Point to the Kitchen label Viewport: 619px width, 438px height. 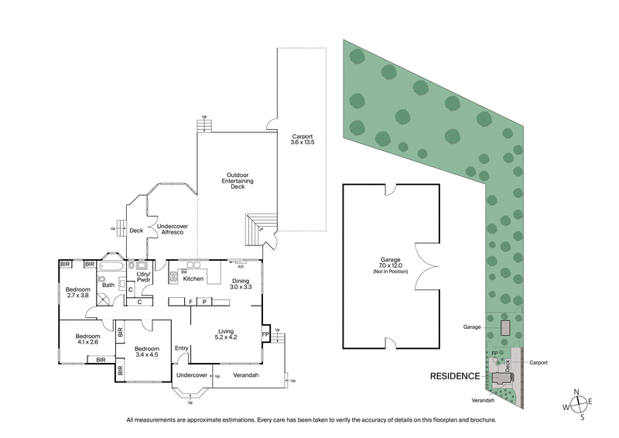(x=193, y=279)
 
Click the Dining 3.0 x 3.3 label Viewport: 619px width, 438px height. (x=241, y=283)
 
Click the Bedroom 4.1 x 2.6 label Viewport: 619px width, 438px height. (x=87, y=340)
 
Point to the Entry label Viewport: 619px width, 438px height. (x=182, y=348)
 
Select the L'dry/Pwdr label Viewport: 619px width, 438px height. (x=142, y=276)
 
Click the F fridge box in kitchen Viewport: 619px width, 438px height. (x=190, y=301)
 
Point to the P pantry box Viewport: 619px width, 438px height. (x=205, y=301)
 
